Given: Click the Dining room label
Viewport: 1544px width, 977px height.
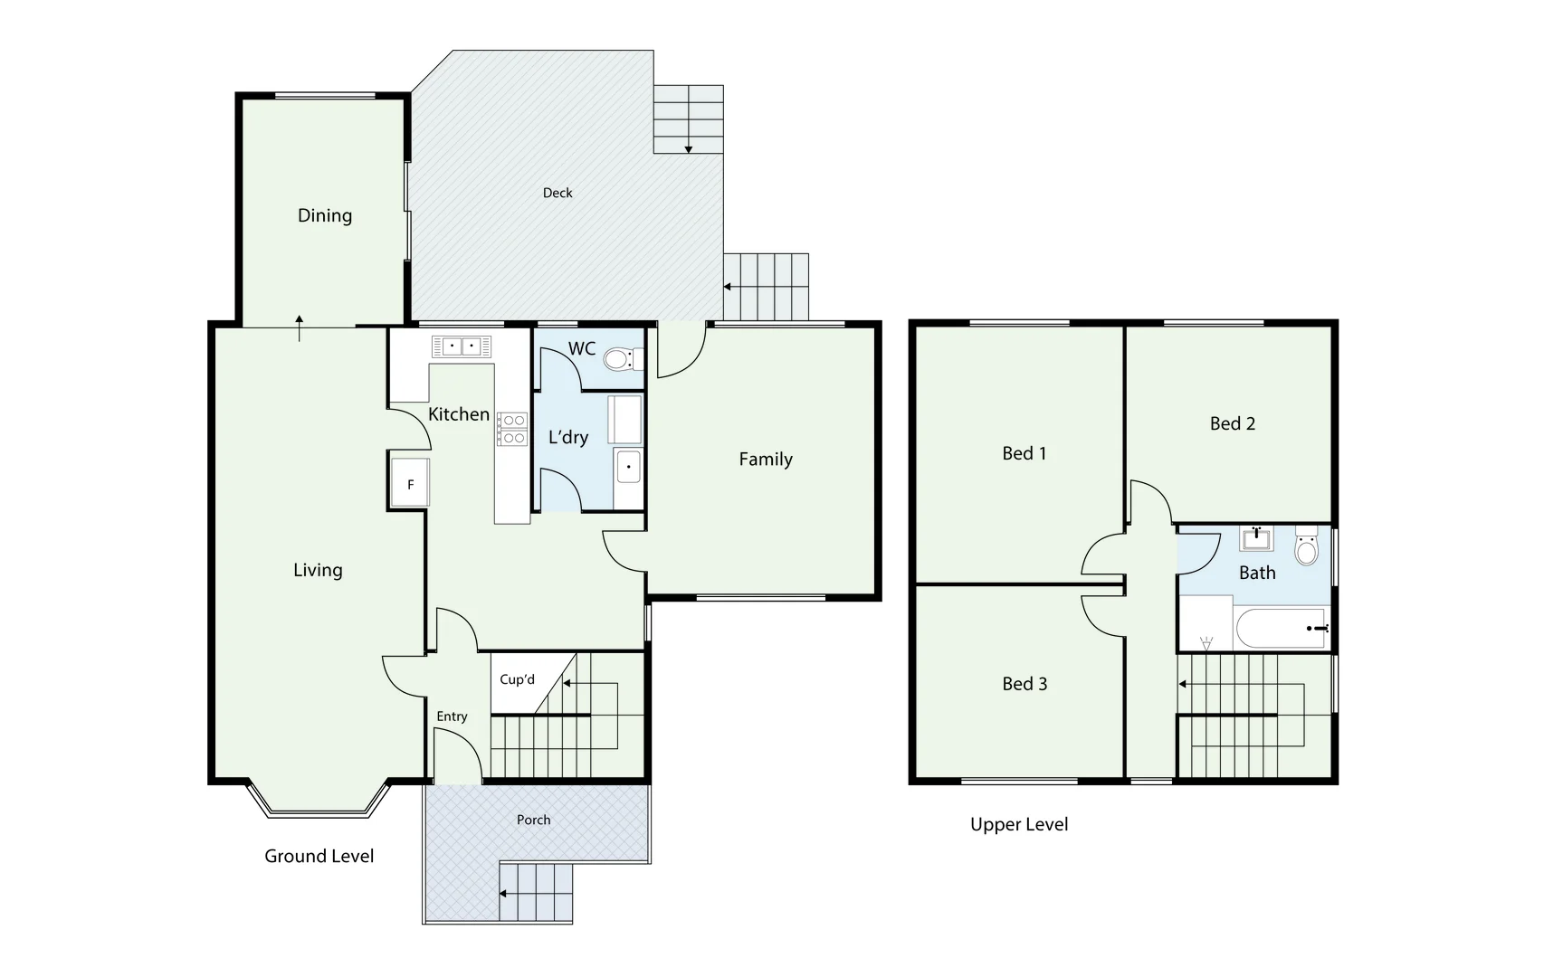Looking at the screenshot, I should [324, 215].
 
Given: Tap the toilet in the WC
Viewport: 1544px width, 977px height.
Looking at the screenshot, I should [620, 360].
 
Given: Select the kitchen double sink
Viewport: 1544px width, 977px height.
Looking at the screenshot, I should [462, 346].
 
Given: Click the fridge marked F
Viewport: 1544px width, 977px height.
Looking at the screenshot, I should [410, 485].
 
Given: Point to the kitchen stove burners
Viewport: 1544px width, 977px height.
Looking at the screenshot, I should [512, 429].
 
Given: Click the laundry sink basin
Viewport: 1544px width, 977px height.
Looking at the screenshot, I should [628, 468].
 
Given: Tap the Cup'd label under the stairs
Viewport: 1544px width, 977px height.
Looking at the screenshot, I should [517, 679].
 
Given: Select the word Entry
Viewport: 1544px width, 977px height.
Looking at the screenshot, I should [452, 716].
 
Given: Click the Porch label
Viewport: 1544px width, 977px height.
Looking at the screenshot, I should [533, 820].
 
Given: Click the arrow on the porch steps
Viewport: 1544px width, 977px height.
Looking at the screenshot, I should [503, 893].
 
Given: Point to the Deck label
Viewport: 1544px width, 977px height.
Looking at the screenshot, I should [558, 193].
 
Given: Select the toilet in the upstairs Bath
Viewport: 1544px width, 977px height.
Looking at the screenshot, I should [1306, 548].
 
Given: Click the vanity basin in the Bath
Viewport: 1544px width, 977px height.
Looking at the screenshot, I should [1256, 540].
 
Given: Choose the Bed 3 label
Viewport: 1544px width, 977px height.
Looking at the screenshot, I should [1025, 684].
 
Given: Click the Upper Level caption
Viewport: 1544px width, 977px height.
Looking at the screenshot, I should [1019, 824].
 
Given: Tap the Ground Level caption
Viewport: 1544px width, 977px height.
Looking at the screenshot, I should [319, 856].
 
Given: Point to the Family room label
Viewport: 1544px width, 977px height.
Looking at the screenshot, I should [766, 460].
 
